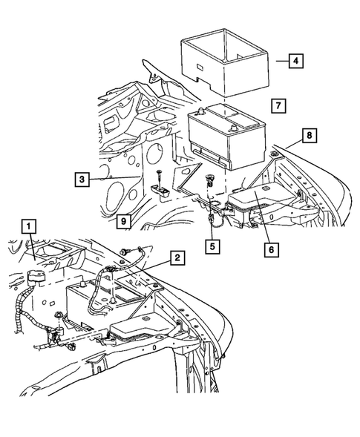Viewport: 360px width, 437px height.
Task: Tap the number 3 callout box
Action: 82,178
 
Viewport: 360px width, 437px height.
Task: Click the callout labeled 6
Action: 272,250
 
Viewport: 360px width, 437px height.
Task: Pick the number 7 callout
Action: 275,106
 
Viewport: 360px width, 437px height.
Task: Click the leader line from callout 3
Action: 111,177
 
